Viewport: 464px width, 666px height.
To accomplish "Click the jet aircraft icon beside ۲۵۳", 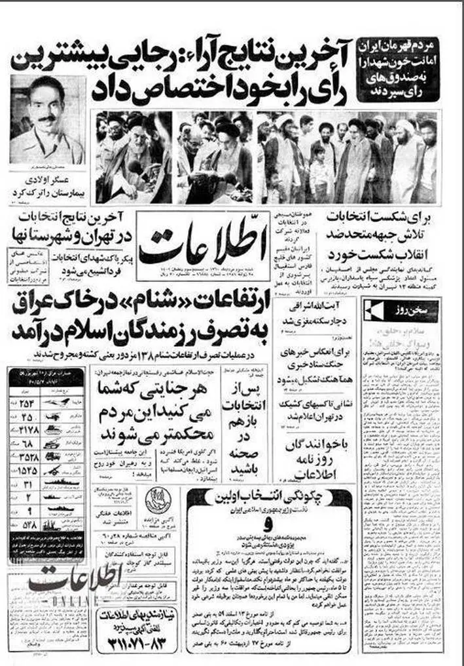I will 58,402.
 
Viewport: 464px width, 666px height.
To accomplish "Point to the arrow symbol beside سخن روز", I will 378,309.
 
